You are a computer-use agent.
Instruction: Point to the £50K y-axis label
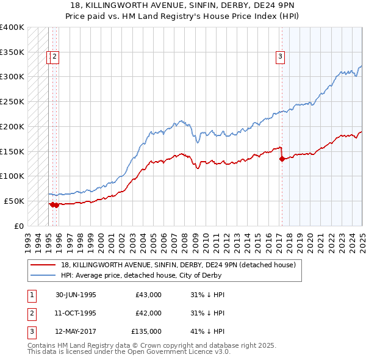coord(14,201)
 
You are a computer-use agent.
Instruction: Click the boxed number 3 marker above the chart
coord(280,57)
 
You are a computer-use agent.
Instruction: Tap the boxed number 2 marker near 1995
coord(54,57)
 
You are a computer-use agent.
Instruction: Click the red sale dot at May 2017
coord(282,159)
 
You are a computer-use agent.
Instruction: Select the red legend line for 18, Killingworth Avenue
coord(43,265)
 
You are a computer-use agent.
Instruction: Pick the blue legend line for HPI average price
coord(43,275)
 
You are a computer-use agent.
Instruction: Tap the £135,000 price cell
coord(146,331)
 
